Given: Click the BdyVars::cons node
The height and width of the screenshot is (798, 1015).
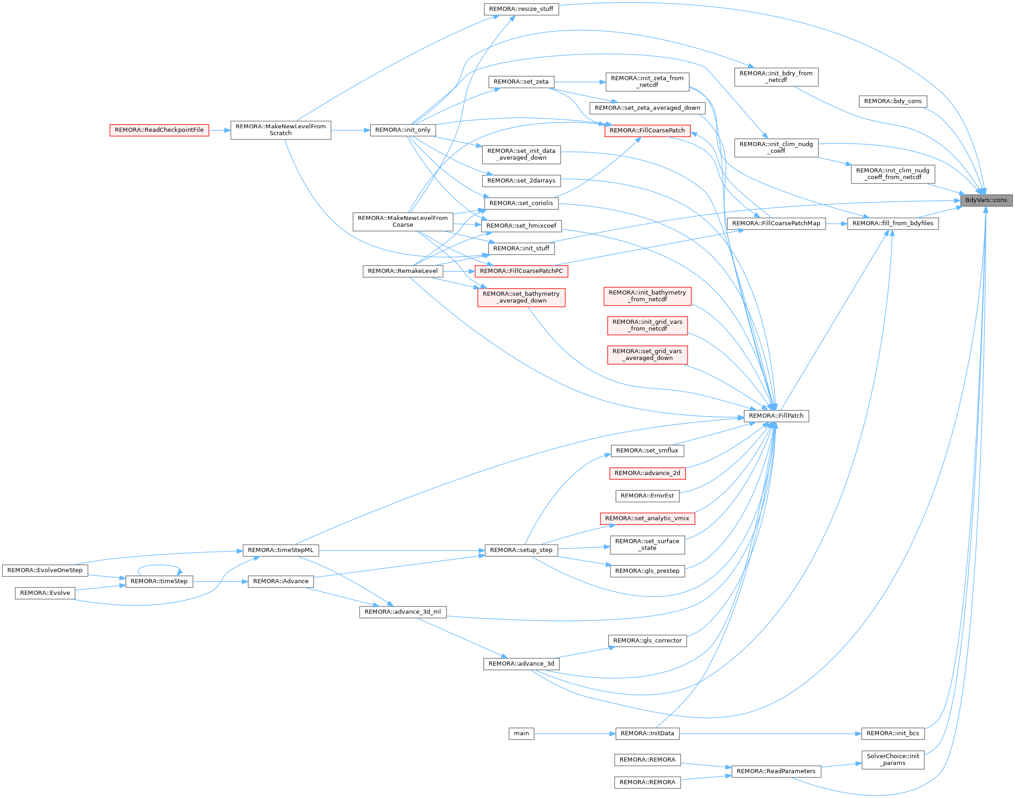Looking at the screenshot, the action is click(x=986, y=201).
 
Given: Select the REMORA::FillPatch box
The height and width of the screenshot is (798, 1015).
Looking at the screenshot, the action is click(x=776, y=416).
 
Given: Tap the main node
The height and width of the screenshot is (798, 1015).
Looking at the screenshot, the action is click(x=521, y=733).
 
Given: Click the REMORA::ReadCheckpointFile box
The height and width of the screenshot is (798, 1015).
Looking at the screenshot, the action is click(x=159, y=130).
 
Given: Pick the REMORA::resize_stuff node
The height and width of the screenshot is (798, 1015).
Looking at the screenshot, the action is click(x=521, y=9).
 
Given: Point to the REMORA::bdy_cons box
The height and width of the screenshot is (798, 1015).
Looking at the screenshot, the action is click(x=893, y=101).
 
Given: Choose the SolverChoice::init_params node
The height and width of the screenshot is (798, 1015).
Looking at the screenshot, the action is click(x=893, y=760).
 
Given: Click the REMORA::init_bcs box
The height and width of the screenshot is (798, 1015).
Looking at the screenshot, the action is click(x=893, y=733).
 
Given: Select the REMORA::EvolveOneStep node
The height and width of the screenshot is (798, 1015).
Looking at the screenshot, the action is click(x=45, y=570).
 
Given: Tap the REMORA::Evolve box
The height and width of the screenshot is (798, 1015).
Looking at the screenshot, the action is click(x=45, y=593).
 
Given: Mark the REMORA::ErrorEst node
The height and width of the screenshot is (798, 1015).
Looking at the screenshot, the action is click(x=647, y=496).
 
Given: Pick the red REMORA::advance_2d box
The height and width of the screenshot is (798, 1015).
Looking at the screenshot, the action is click(x=647, y=473).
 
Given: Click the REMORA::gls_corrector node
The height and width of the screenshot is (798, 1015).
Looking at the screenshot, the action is click(x=647, y=640).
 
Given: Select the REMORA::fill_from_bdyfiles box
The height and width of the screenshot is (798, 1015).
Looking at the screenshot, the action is click(x=893, y=224).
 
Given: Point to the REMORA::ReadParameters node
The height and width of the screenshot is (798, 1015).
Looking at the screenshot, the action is click(x=776, y=771).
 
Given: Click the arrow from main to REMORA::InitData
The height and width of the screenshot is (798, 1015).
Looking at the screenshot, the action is click(x=574, y=733).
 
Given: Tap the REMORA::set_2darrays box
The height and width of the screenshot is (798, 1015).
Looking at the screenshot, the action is click(x=521, y=181).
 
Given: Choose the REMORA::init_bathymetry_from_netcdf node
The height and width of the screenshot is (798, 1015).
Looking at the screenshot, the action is click(x=647, y=296).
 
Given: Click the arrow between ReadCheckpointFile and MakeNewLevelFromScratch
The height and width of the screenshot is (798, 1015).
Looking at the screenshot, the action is click(x=219, y=131).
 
